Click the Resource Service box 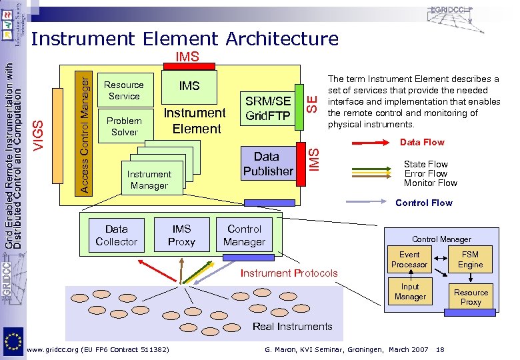click(124, 91)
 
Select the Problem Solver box click(124, 127)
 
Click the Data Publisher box click(268, 164)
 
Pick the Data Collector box click(116, 235)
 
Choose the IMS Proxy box click(181, 235)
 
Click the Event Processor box click(409, 259)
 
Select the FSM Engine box click(470, 259)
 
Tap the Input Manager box click(409, 291)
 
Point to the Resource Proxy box click(471, 297)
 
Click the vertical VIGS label click(41, 133)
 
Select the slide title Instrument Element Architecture click(185, 39)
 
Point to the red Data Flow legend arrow click(369, 143)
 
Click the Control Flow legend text click(424, 203)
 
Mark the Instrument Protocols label click(289, 273)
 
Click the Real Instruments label click(292, 326)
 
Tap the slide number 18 click(441, 350)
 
